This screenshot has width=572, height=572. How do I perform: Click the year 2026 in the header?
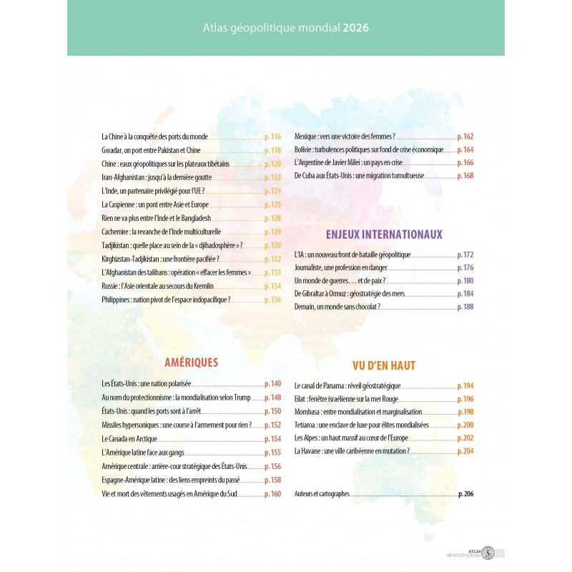point(356,29)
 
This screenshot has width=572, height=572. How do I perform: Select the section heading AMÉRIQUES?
point(191,363)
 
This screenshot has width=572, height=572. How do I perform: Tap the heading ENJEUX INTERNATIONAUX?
point(384,234)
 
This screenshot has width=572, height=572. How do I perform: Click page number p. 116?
point(273,137)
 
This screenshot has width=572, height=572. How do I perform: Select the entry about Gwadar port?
point(152,150)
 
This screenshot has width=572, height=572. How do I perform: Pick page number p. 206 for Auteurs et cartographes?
point(465,494)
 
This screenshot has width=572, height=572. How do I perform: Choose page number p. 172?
point(465,255)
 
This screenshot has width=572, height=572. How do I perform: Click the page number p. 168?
point(465,176)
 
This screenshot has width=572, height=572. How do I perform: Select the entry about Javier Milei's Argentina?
point(345,163)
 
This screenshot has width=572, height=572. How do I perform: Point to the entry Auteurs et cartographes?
point(322,494)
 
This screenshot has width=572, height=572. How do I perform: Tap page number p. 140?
point(273,384)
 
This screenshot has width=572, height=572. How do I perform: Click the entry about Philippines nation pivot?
point(167,300)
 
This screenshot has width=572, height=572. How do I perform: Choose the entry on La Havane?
point(352,451)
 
